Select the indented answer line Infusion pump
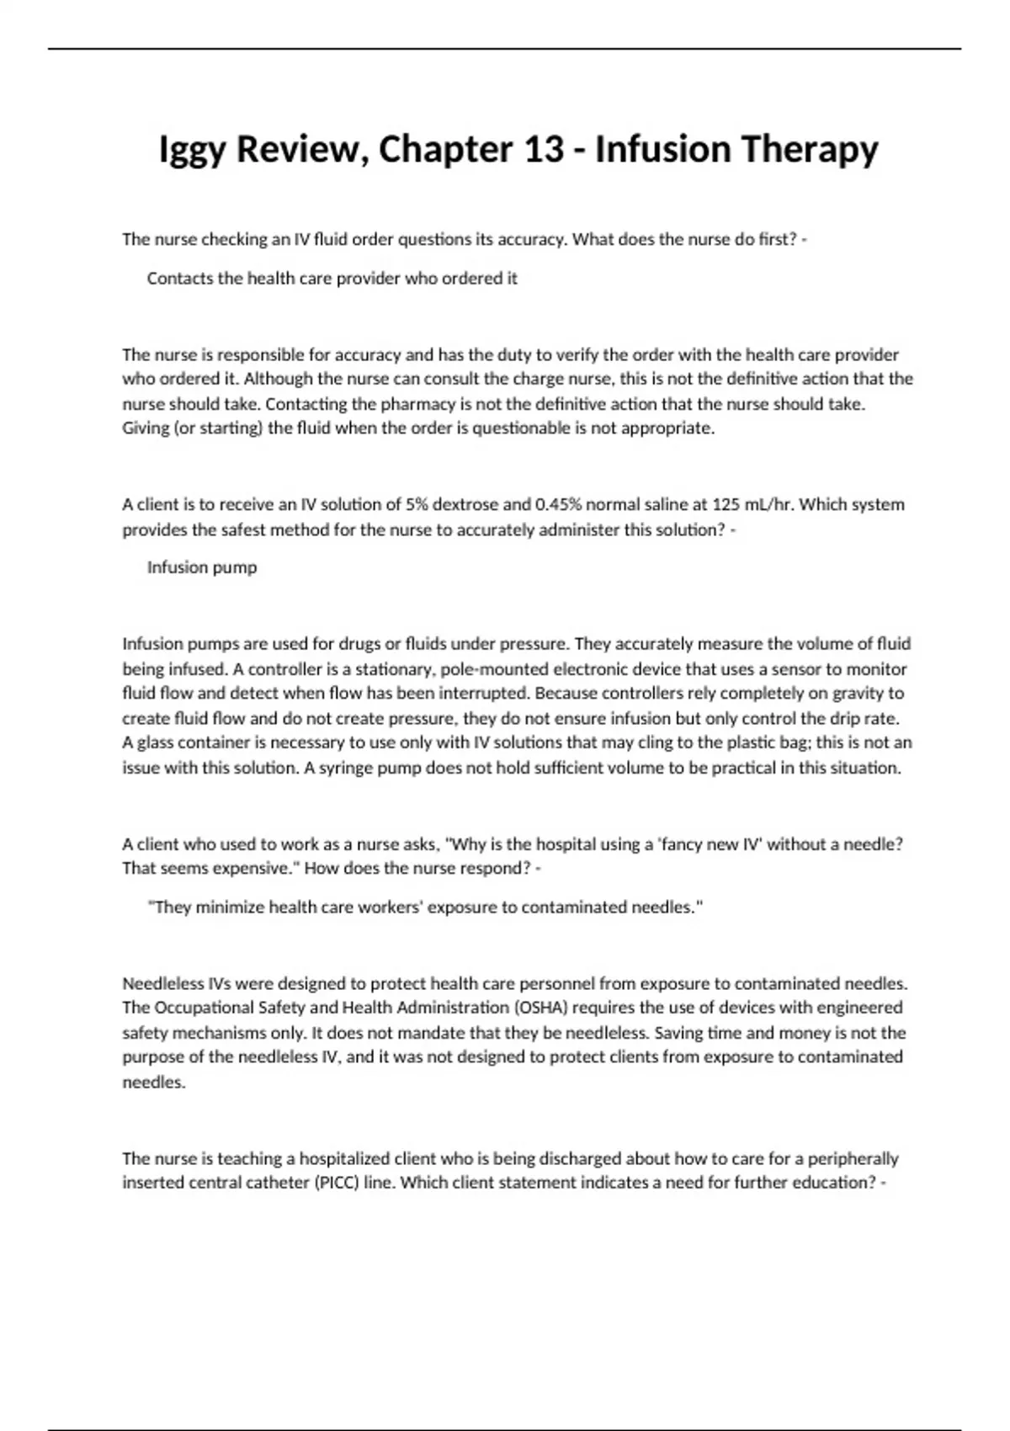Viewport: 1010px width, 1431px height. point(202,568)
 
